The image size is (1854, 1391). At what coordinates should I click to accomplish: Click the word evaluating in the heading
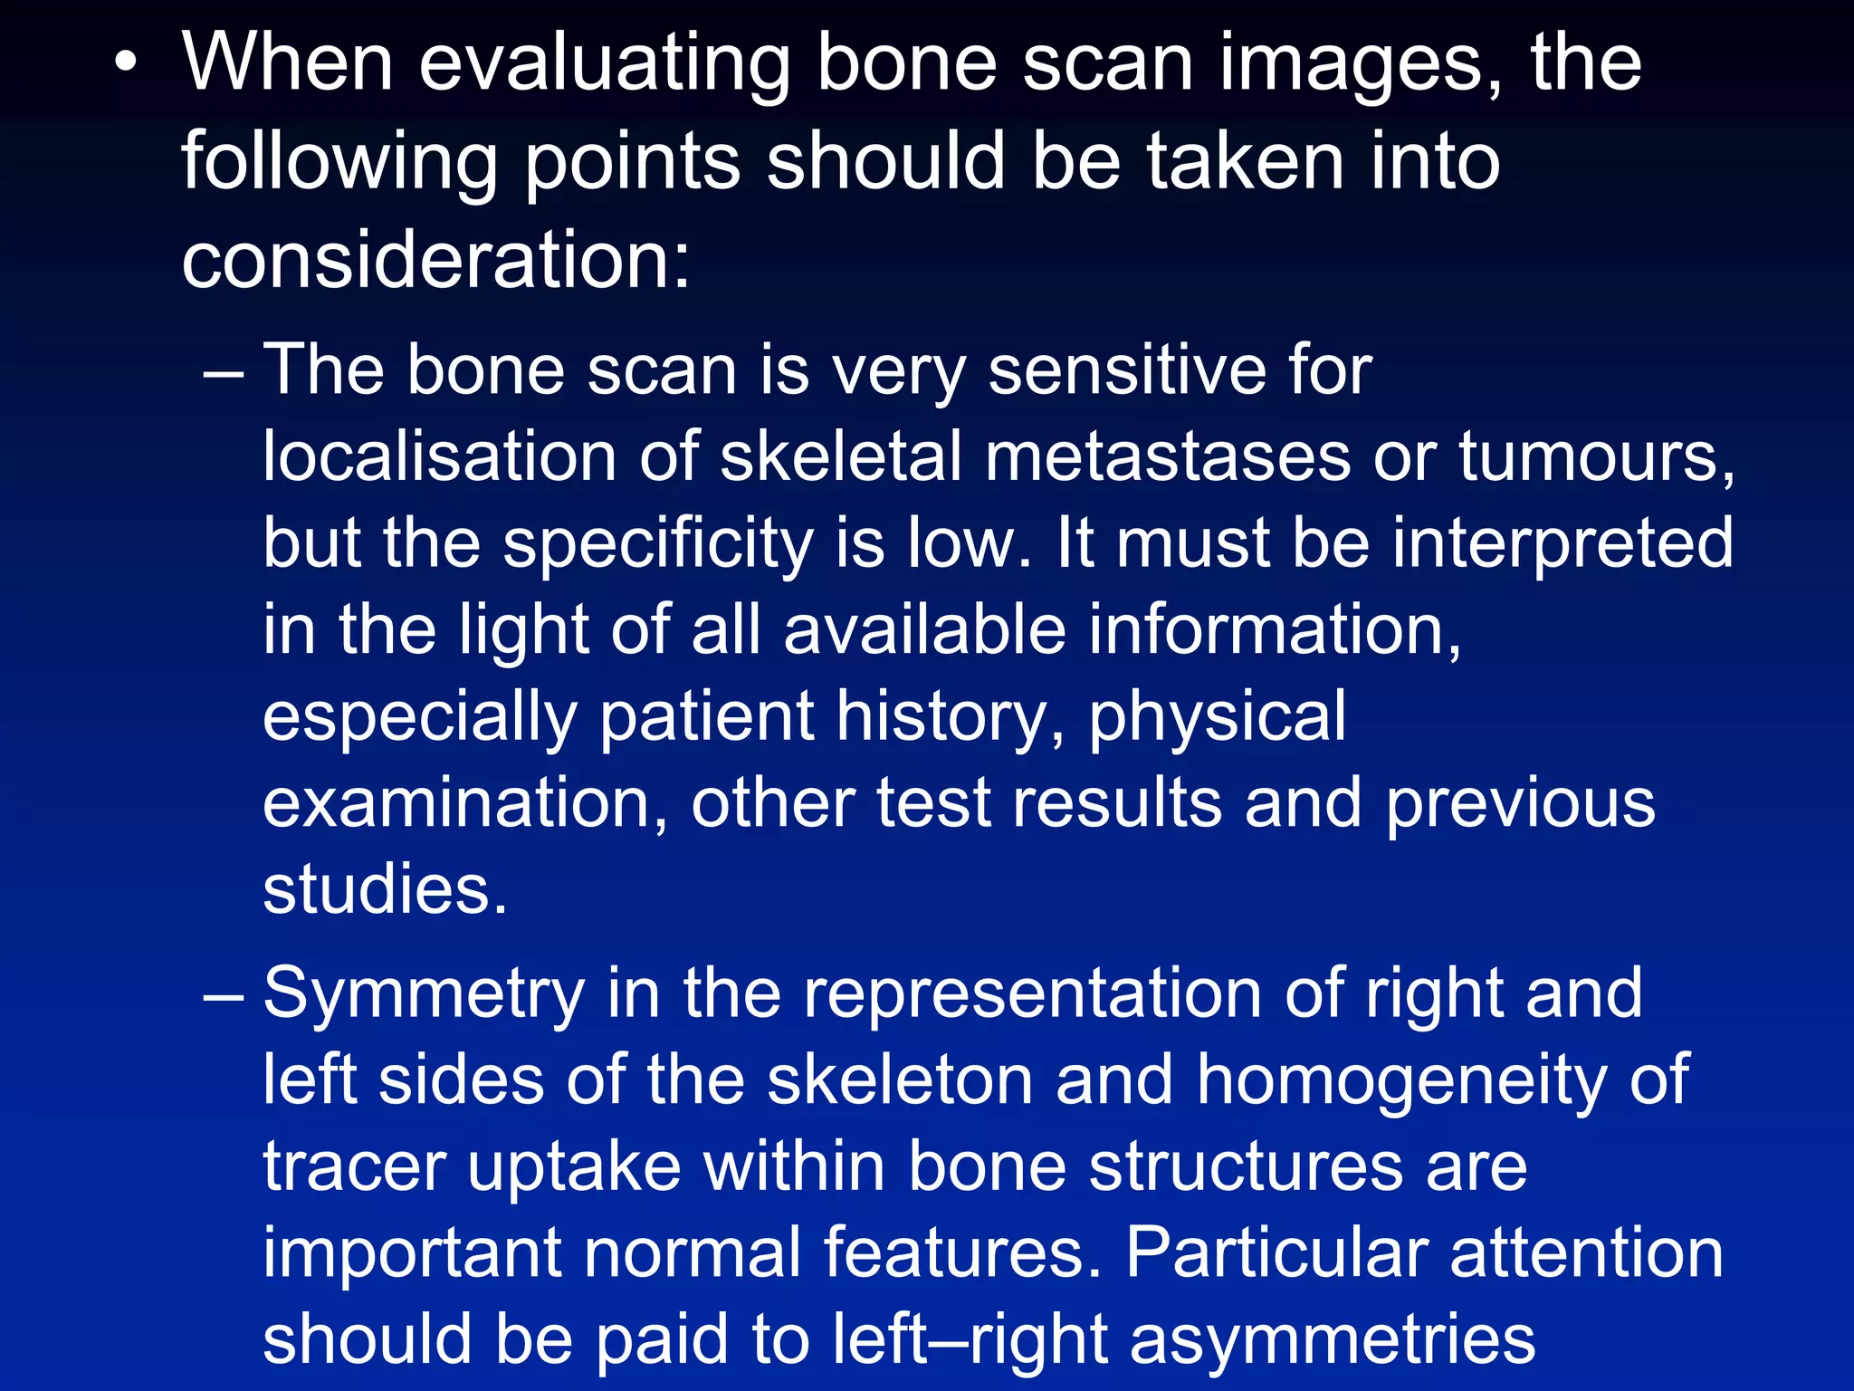(604, 63)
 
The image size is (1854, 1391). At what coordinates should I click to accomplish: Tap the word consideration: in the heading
(436, 260)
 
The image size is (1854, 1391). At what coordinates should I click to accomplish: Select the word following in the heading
(339, 163)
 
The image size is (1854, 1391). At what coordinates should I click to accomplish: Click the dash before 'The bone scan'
(223, 372)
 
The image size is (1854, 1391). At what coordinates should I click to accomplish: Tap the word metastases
(1168, 457)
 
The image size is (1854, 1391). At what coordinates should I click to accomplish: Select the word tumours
(1597, 457)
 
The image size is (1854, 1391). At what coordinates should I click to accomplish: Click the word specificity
(658, 544)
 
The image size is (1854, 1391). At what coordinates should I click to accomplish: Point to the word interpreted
(1563, 544)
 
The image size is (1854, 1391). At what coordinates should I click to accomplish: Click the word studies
(385, 890)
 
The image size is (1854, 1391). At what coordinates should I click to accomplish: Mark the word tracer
(355, 1167)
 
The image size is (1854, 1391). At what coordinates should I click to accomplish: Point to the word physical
(1217, 717)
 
